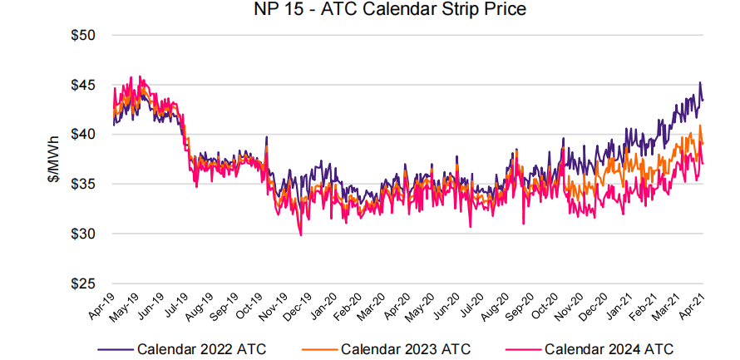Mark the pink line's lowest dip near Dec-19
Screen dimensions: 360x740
(x=300, y=235)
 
